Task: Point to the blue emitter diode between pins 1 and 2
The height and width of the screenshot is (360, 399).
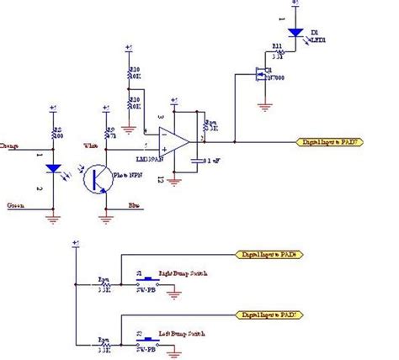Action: coord(54,167)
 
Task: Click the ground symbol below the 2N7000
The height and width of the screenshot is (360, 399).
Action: coord(266,106)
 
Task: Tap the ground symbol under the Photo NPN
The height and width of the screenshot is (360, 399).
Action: coord(104,219)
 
